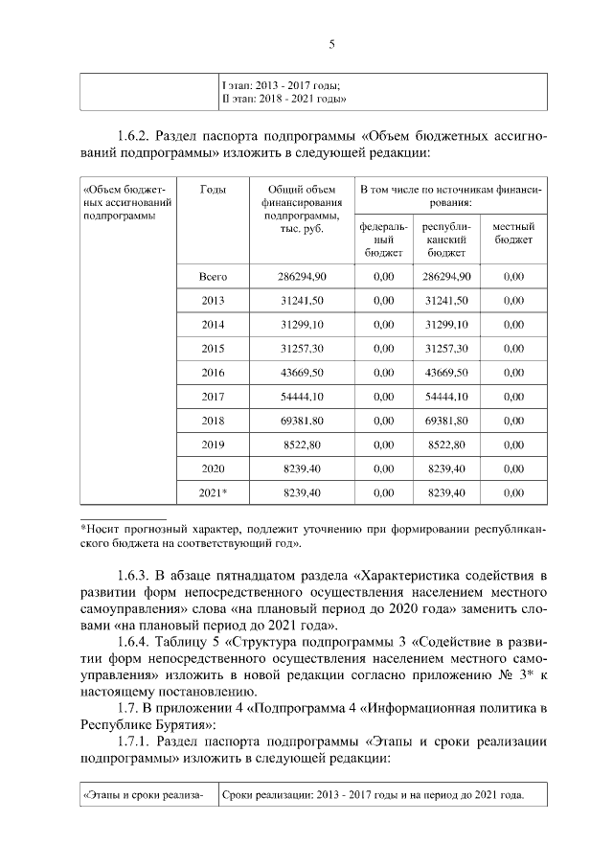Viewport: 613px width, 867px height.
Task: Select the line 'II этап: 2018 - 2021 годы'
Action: [284, 99]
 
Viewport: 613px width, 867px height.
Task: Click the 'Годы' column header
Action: [213, 190]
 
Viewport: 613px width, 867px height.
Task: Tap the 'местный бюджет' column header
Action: [512, 233]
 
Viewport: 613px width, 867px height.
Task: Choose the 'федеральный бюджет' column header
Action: [384, 240]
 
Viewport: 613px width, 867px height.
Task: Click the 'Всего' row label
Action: [213, 277]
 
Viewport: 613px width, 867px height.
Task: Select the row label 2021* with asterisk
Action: [213, 492]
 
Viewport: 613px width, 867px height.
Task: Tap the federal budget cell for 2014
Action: [384, 325]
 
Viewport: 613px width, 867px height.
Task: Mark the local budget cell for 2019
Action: [512, 445]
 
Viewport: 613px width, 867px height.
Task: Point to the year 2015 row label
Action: [213, 349]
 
